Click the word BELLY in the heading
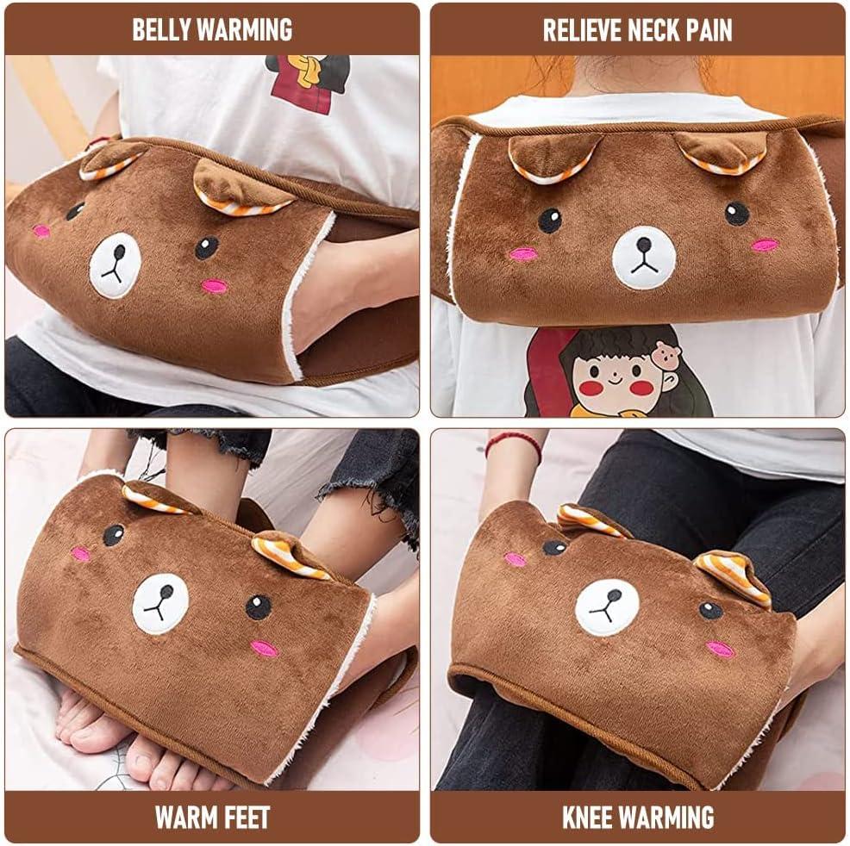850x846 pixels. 161,30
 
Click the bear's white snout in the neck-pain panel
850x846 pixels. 644,258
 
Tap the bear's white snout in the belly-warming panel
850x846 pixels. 115,265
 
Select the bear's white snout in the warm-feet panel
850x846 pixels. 160,603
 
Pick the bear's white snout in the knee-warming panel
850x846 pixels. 607,607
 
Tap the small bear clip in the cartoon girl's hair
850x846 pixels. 667,353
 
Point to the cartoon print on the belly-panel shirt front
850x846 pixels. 308,83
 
